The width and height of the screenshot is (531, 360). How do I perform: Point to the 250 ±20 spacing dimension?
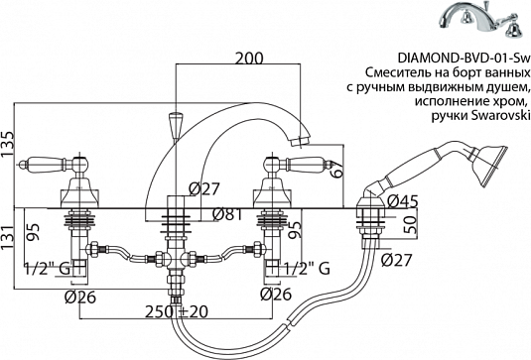176,311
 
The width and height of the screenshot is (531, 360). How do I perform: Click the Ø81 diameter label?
227,214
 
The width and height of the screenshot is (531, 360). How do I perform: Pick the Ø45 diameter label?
403,202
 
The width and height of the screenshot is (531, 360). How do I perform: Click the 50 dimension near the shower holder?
410,224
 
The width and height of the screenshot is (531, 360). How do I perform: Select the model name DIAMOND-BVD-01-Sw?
464,59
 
